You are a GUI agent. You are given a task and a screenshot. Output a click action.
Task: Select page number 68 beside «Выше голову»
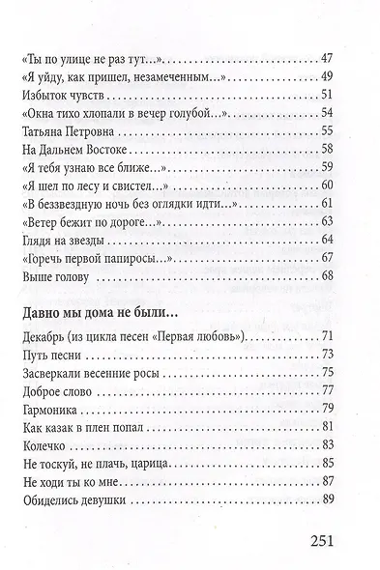tap(324, 276)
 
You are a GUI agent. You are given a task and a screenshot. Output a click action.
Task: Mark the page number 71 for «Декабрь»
tap(324, 335)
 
